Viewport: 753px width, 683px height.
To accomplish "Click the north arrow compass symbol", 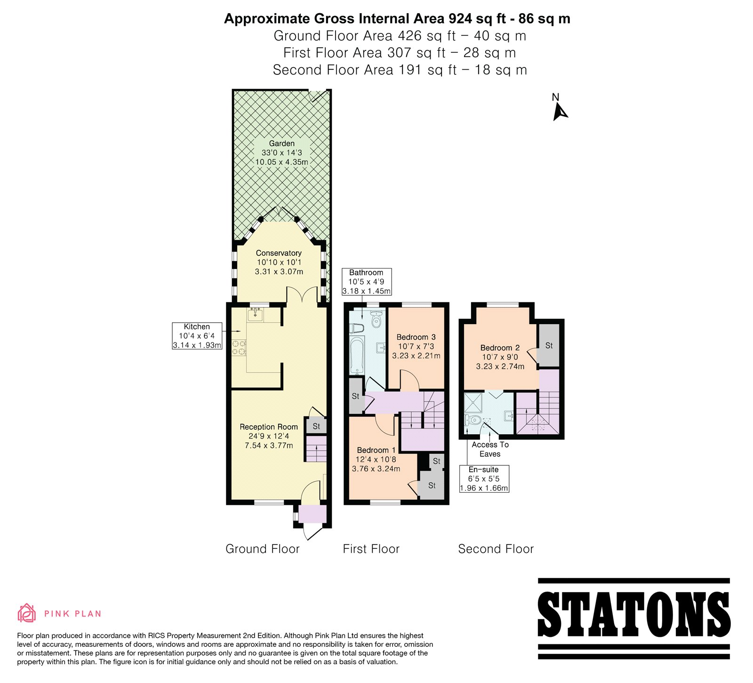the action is tap(560, 107).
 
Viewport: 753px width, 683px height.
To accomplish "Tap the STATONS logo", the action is tap(633, 618).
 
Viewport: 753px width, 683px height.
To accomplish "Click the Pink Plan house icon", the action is tap(27, 613).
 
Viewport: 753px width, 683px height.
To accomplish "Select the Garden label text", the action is tap(281, 144).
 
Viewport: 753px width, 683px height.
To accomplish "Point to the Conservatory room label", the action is tap(279, 253).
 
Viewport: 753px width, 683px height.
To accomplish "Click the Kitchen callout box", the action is tap(197, 336).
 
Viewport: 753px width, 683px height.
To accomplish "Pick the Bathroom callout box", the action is tap(366, 282).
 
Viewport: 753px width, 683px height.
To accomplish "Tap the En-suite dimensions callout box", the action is tap(484, 479).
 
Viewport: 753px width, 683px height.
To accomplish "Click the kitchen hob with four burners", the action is tap(240, 347).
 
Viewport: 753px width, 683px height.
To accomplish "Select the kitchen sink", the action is tap(256, 314).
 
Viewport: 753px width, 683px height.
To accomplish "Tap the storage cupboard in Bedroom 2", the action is tap(549, 345).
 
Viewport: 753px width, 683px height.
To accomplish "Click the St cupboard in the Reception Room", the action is tap(316, 426).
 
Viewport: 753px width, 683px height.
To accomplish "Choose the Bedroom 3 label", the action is tap(416, 337).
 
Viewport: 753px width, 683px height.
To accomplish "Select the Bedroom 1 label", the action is tap(376, 450).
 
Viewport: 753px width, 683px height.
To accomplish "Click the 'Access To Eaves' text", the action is tap(490, 449).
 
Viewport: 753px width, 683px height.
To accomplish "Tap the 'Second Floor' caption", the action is tap(496, 549).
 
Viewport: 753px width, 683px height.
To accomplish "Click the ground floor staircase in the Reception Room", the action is tap(316, 449).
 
